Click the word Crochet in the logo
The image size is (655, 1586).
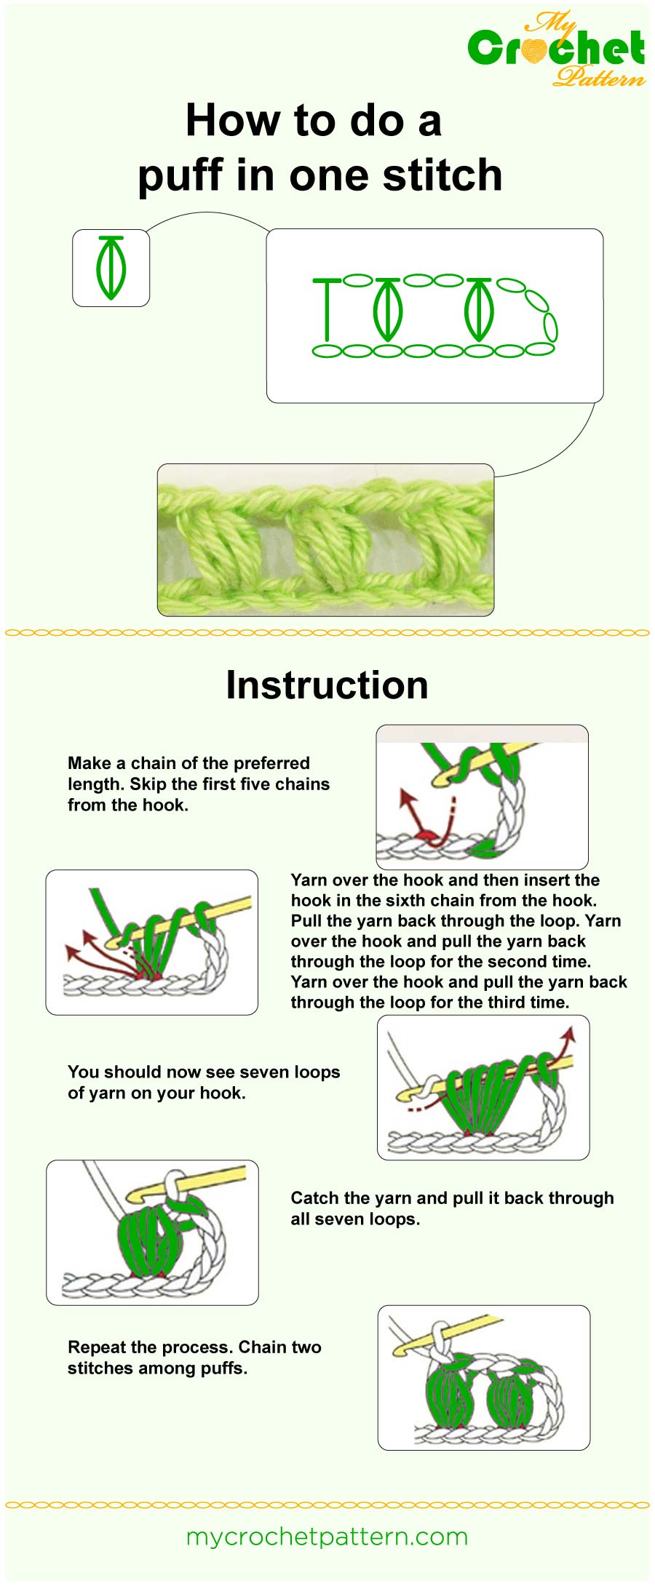pos(556,49)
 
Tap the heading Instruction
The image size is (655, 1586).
pos(327,685)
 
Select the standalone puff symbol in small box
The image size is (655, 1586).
pos(111,268)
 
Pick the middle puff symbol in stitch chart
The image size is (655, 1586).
pos(387,310)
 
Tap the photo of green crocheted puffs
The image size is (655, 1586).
pos(325,540)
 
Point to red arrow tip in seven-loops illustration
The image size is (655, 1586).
pos(570,1031)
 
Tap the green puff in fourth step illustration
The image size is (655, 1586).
pos(149,1240)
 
